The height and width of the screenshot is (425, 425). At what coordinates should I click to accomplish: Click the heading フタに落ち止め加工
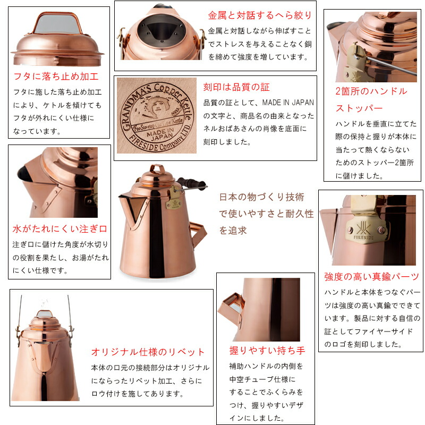(x=56, y=76)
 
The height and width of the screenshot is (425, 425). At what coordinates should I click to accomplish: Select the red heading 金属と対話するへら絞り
(x=260, y=15)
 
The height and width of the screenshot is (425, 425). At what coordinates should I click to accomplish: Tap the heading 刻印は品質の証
(x=236, y=87)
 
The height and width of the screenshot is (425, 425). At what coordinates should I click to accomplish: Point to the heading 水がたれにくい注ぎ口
(x=60, y=229)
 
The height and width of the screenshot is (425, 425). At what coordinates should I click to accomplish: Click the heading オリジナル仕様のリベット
(x=148, y=352)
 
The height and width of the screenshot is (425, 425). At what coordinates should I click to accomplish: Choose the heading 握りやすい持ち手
(x=267, y=350)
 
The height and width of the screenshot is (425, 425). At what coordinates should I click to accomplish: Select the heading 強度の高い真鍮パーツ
(x=371, y=276)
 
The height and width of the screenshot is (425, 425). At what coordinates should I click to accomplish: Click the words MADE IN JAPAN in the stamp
(x=160, y=134)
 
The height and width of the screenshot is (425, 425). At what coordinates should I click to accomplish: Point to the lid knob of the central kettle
(x=157, y=168)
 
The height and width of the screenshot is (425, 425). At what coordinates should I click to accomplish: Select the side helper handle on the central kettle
(x=198, y=234)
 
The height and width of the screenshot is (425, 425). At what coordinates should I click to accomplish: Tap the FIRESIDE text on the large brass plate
(x=363, y=237)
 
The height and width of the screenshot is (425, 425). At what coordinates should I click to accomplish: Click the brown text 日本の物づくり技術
(x=261, y=197)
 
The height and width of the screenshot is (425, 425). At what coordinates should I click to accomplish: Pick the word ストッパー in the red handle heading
(x=359, y=108)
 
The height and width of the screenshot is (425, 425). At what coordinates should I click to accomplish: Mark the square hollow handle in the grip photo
(x=232, y=305)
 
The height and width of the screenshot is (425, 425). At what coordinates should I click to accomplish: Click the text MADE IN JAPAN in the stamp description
(x=288, y=103)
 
